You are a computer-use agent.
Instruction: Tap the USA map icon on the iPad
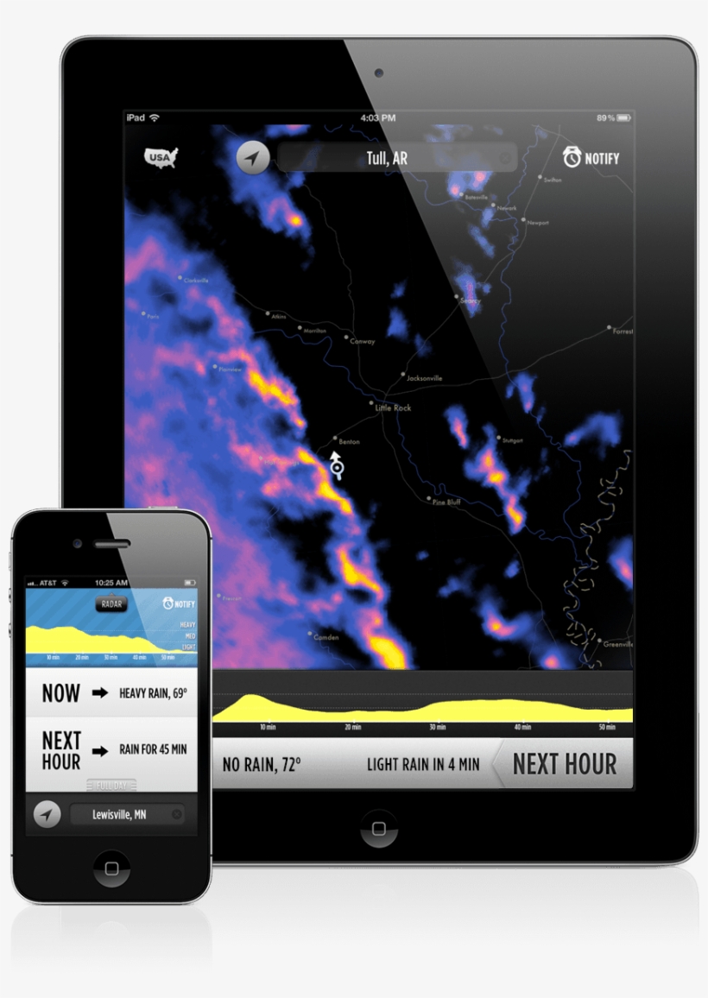pyautogui.click(x=161, y=157)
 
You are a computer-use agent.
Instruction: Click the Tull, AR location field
pyautogui.click(x=396, y=158)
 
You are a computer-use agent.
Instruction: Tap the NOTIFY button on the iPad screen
pyautogui.click(x=591, y=158)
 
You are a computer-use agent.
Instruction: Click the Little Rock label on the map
pyautogui.click(x=394, y=407)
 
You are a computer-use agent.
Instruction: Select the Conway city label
pyautogui.click(x=363, y=341)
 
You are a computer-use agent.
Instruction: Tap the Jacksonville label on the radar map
pyautogui.click(x=424, y=378)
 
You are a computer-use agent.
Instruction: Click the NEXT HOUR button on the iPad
pyautogui.click(x=564, y=764)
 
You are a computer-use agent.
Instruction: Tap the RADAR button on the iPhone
pyautogui.click(x=111, y=604)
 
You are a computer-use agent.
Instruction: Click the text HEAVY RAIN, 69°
pyautogui.click(x=153, y=692)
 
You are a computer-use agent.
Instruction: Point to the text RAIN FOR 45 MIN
pyautogui.click(x=153, y=749)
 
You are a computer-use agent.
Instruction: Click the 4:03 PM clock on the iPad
pyautogui.click(x=378, y=117)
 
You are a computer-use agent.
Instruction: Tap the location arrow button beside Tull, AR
pyautogui.click(x=253, y=158)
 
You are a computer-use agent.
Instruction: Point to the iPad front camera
pyautogui.click(x=378, y=73)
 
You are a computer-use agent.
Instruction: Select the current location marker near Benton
pyautogui.click(x=337, y=469)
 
